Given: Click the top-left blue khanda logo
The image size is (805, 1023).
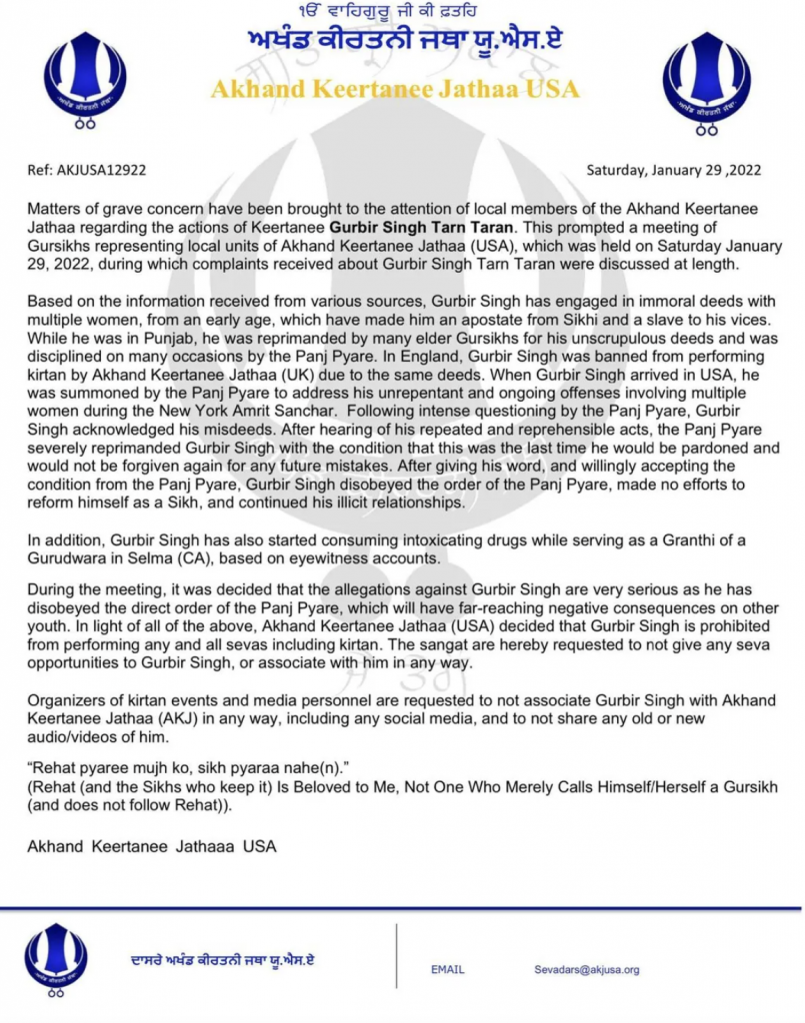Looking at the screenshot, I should click(x=85, y=77).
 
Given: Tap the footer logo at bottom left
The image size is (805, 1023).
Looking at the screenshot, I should click(x=56, y=959).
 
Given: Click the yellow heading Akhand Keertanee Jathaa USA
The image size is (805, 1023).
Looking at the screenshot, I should click(x=395, y=89).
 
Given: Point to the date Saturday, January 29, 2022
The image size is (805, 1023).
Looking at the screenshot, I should click(x=673, y=170).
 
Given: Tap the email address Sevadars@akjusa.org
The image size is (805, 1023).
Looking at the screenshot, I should click(x=586, y=969).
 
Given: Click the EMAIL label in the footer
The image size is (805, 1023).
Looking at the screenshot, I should click(x=447, y=970).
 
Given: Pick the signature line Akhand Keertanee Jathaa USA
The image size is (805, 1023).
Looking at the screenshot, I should click(x=152, y=847).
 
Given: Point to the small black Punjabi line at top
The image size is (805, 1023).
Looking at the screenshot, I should click(x=394, y=13).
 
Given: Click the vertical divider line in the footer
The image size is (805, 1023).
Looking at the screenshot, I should click(x=397, y=957).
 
